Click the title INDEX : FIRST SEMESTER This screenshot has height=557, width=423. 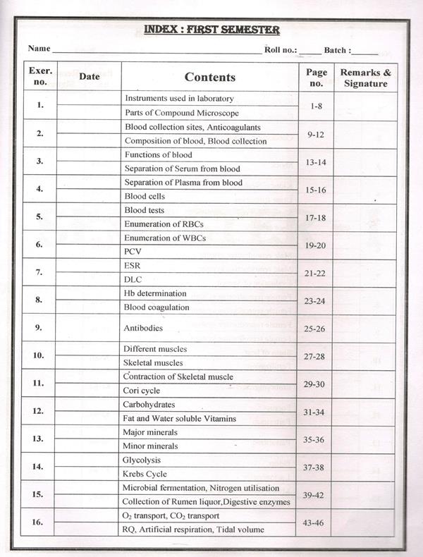[x=211, y=30]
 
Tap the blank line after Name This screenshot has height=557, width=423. [x=156, y=51]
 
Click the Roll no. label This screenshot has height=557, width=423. [x=281, y=49]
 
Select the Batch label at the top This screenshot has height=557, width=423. [x=340, y=50]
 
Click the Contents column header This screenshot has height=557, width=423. [x=209, y=77]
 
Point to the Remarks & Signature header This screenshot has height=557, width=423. [x=365, y=78]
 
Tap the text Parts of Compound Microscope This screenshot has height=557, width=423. [x=182, y=113]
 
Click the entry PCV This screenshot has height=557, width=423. [x=133, y=251]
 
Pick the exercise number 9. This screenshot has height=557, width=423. [x=39, y=327]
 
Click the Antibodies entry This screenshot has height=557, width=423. [x=143, y=328]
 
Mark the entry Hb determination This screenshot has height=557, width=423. [x=155, y=293]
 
